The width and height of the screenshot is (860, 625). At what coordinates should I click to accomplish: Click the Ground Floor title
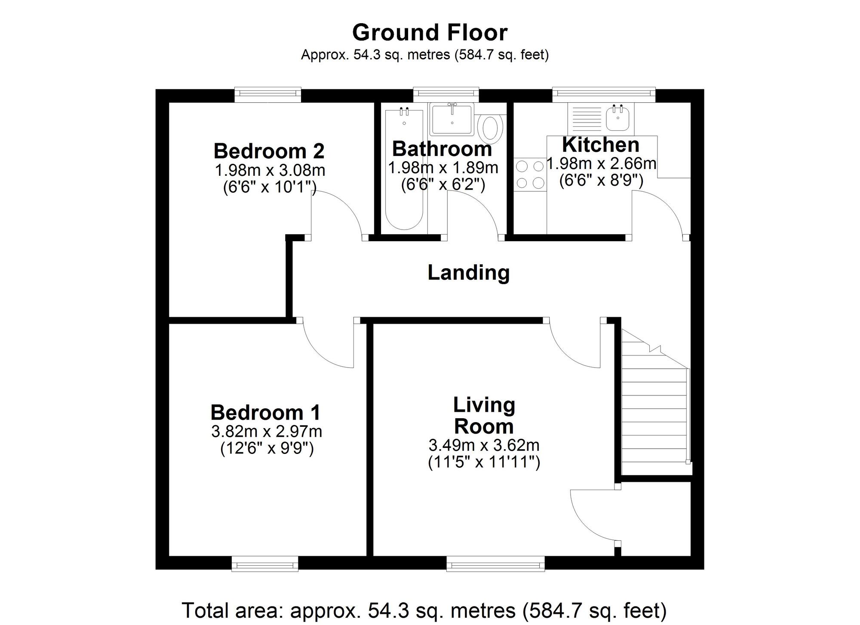pos(430,33)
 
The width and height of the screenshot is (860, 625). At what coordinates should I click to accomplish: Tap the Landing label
pos(468,273)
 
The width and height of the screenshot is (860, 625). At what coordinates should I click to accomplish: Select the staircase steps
pos(654,413)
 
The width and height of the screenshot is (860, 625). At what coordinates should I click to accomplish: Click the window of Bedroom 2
pos(267,94)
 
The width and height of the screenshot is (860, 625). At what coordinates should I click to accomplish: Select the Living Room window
pos(495,563)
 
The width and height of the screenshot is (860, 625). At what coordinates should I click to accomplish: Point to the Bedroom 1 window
pos(265,563)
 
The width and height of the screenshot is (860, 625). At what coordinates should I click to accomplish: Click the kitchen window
pos(603,94)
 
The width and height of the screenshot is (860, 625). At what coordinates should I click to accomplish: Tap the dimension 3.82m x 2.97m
pos(267,431)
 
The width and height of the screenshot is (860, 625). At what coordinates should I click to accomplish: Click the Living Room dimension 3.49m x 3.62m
pos(484,445)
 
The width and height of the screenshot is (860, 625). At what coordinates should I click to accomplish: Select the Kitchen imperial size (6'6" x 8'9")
pos(601,181)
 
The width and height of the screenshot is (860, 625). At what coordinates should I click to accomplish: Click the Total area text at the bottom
pos(424,610)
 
